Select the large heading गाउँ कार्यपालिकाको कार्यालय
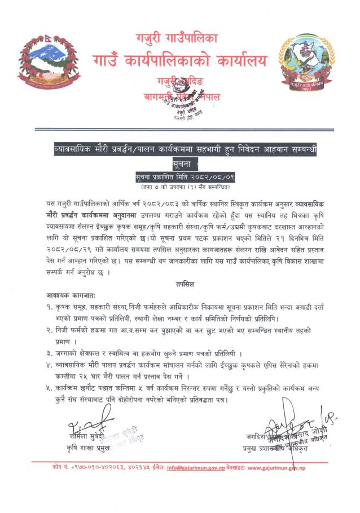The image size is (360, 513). (x=180, y=60)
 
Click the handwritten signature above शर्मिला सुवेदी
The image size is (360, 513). (x=85, y=423)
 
